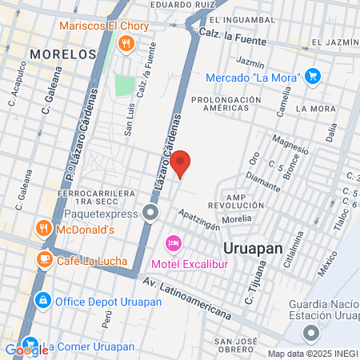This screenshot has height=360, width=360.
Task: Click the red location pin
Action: (182, 162)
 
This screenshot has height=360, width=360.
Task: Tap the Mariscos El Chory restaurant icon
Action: (125, 43)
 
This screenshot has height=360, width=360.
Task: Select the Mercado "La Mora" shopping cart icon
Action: (313, 77)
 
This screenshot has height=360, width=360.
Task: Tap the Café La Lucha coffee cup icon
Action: (45, 259)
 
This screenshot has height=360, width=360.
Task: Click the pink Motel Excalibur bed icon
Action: (172, 242)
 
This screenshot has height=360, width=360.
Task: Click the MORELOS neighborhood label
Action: (61, 53)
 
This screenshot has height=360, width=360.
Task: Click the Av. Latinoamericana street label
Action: (188, 297)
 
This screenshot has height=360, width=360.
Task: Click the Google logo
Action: (26, 349)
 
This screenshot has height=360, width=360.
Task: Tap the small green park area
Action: (123, 85)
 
